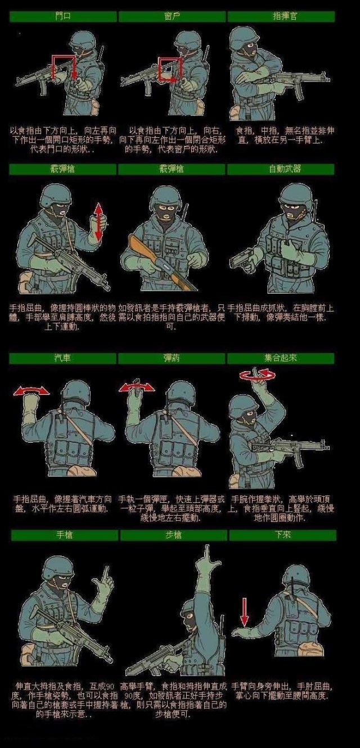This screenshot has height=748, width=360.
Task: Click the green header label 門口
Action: coord(62,17)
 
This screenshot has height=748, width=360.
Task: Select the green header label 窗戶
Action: coord(172,17)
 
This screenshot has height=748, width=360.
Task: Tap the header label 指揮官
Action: coord(281,17)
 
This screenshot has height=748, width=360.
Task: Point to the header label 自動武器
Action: coord(281,169)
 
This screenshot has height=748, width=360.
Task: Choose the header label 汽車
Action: coord(62,358)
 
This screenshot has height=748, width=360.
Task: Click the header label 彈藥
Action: coord(172,358)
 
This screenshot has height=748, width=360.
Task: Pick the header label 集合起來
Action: coord(281,358)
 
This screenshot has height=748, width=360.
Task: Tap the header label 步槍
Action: coord(173,535)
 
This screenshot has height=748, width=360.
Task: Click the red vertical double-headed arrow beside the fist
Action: coord(98,222)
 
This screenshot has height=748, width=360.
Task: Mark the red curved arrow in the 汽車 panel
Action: coord(31,390)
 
